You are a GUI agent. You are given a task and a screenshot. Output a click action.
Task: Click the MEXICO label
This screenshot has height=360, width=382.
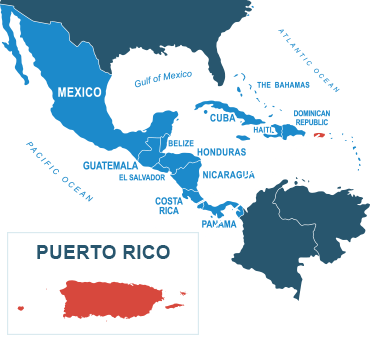click(x=79, y=92)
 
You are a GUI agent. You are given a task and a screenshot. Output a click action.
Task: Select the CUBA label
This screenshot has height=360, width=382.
click(x=221, y=118)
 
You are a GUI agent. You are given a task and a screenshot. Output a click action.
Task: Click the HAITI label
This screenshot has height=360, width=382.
click(x=264, y=129)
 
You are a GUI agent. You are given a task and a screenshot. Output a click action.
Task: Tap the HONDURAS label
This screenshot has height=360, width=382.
click(x=221, y=152)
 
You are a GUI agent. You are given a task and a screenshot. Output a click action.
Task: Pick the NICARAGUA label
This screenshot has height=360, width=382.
click(x=228, y=174)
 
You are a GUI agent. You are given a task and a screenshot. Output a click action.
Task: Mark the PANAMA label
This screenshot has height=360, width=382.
click(x=219, y=223)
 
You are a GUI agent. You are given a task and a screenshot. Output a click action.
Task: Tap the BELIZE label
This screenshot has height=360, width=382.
click(x=181, y=143)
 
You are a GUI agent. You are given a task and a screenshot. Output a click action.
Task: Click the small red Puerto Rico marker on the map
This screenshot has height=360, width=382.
click(x=319, y=135)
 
